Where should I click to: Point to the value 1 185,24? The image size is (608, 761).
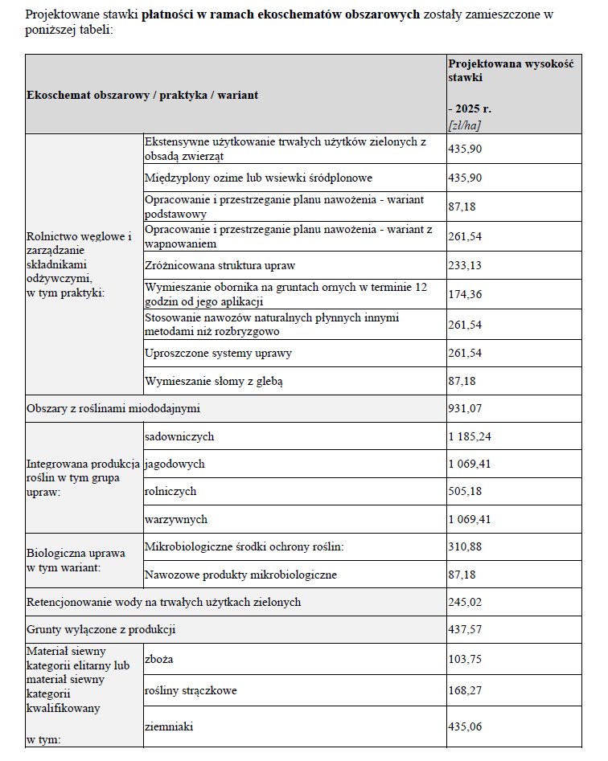pyautogui.click(x=469, y=437)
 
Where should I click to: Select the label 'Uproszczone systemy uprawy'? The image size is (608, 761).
pyautogui.click(x=218, y=353)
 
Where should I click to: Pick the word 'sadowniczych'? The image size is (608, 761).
pyautogui.click(x=179, y=437)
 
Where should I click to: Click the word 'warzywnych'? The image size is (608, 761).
pyautogui.click(x=176, y=519)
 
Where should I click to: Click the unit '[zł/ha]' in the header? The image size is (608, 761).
pyautogui.click(x=465, y=125)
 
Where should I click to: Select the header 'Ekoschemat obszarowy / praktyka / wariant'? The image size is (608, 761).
pyautogui.click(x=142, y=95)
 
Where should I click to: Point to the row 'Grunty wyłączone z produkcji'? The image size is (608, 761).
pyautogui.click(x=101, y=629)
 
